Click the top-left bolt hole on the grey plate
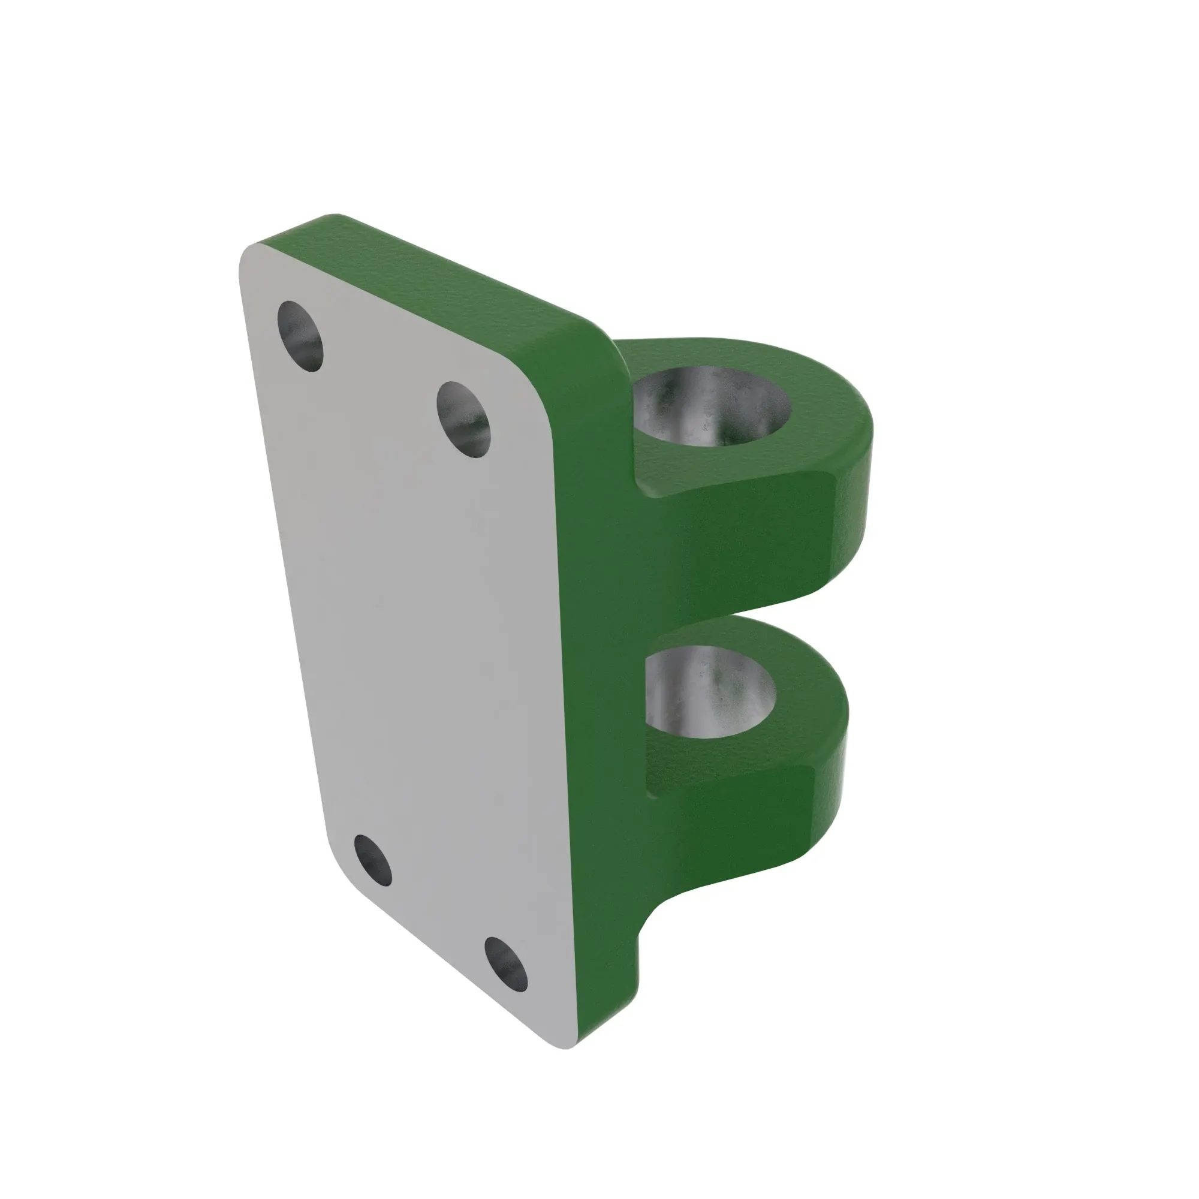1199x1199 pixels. point(300,336)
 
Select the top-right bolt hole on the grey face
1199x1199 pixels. point(463,419)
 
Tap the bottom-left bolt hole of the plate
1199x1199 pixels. point(373,860)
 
